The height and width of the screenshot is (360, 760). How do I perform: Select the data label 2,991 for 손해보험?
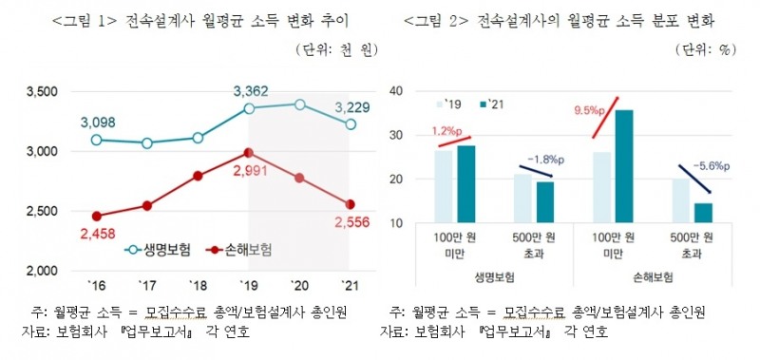tap(248, 171)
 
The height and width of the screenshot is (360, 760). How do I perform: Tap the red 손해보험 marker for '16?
tap(95, 216)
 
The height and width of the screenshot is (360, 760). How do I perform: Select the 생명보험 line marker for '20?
tap(299, 104)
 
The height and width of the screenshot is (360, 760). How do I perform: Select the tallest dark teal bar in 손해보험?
tap(624, 166)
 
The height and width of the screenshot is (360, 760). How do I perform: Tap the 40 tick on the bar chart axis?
tap(398, 92)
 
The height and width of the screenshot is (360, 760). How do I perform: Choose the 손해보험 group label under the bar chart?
tap(651, 278)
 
